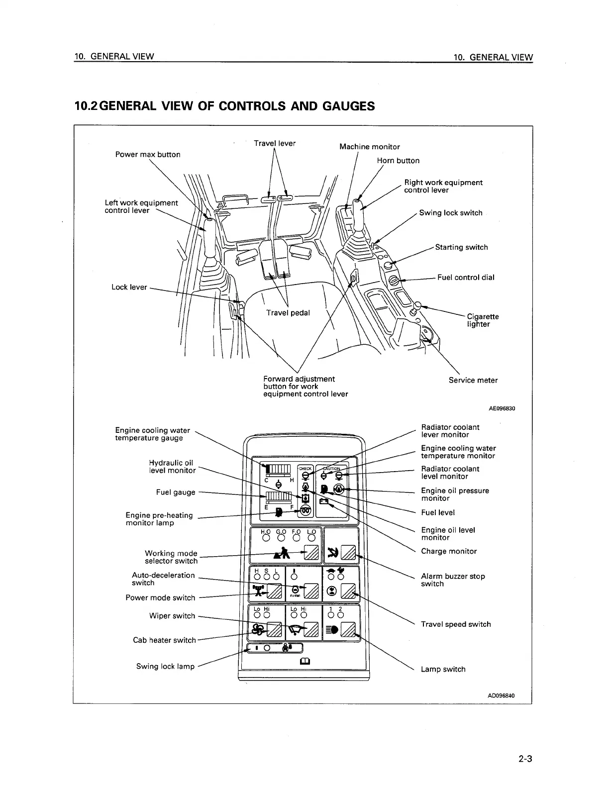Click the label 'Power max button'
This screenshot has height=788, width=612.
[148, 154]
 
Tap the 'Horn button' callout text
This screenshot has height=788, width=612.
[398, 160]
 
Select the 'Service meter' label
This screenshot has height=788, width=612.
[473, 380]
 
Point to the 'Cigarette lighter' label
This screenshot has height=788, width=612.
[482, 320]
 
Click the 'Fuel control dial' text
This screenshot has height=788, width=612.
[466, 278]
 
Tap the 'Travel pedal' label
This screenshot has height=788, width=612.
[288, 312]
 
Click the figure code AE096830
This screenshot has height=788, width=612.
[502, 408]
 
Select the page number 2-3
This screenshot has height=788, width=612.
[525, 759]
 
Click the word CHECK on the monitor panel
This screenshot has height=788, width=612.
[305, 469]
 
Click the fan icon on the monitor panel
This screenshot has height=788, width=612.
[258, 630]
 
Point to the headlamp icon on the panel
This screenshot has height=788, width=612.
[332, 630]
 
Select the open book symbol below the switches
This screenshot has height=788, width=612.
[304, 661]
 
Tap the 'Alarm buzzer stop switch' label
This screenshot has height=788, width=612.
[453, 580]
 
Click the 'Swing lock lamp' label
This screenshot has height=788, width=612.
[165, 666]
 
